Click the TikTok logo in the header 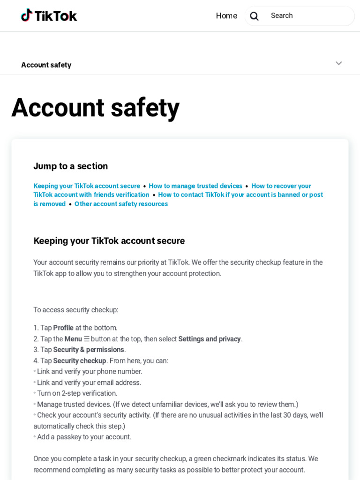pos(49,15)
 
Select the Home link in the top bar pos(226,15)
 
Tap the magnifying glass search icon pos(254,16)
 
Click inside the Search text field pos(309,16)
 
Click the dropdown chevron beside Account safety pos(338,63)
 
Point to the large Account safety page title pos(95,107)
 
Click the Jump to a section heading pos(70,166)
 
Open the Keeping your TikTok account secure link pos(87,186)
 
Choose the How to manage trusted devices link pos(195,186)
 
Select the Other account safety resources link pos(121,204)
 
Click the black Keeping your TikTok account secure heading pos(109,241)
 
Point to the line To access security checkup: pos(75,310)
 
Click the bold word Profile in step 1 pos(63,328)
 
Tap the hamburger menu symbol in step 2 pos(86,339)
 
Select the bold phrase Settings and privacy pos(209,339)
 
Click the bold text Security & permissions pos(89,350)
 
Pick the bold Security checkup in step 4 pos(80,361)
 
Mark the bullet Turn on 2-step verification pos(77,393)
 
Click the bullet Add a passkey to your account pos(84,437)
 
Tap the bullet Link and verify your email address pos(89,382)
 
